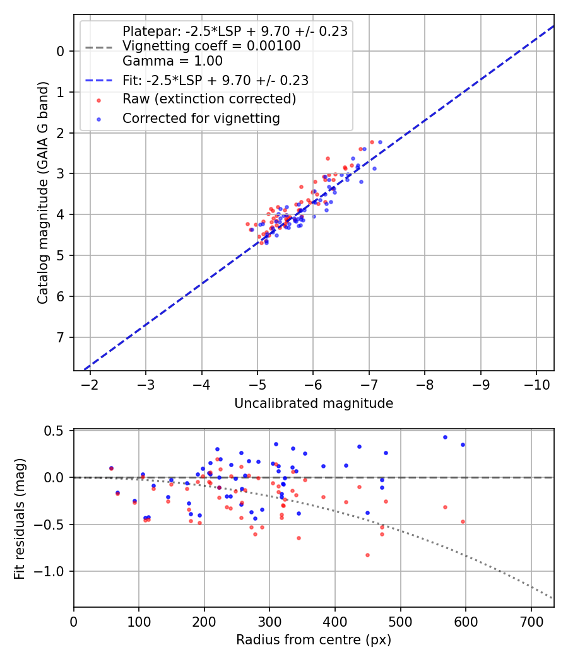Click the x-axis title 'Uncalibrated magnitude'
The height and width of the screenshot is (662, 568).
314,404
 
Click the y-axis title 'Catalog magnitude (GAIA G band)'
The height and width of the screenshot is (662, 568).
42,193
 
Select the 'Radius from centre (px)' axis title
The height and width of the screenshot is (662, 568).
314,640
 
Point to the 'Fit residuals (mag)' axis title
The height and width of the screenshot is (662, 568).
20,518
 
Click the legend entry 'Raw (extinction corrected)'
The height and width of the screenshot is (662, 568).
209,99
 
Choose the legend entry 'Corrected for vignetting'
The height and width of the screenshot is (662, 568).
201,118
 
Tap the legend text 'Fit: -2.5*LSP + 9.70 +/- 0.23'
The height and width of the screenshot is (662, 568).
215,80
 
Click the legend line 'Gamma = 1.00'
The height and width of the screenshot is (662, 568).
172,61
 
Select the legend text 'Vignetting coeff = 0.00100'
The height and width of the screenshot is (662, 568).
211,46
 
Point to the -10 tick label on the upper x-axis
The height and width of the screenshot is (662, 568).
536,385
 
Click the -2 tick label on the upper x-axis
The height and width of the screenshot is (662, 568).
90,385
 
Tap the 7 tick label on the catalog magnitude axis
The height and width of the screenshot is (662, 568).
61,337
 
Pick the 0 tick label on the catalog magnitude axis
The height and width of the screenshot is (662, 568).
61,51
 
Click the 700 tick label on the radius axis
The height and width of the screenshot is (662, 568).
531,620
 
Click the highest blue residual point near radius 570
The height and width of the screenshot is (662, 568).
445,437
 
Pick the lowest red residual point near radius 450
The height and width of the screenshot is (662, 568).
367,555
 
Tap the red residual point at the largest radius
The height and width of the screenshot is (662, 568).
463,521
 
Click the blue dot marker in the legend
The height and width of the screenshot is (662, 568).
98,118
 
